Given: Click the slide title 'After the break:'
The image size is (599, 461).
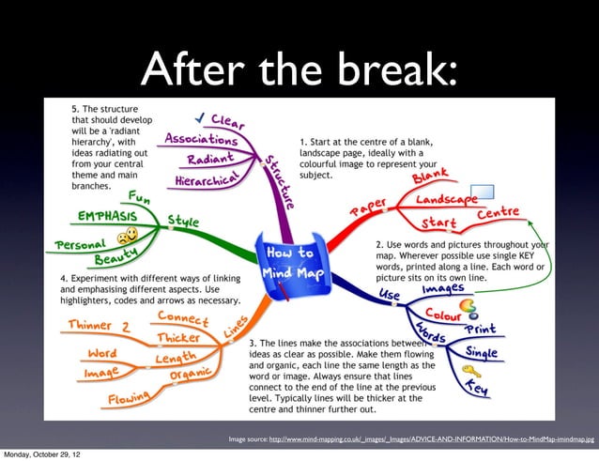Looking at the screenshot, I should coord(299,67).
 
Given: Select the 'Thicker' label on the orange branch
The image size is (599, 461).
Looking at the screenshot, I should coord(177,337).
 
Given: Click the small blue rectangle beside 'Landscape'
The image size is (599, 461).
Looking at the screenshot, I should coord(482,192).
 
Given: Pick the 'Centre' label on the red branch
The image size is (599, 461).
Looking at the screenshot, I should coord(497,216).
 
